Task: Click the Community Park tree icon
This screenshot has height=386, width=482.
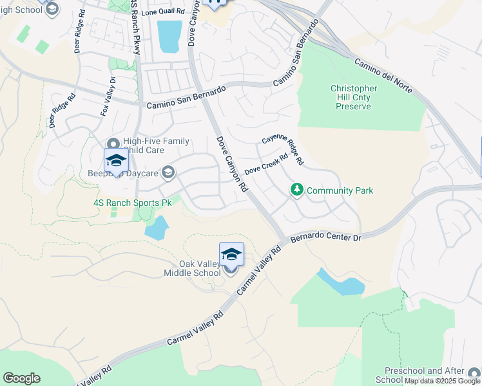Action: [x=297, y=190]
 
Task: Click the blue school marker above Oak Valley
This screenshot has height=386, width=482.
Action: [x=231, y=254]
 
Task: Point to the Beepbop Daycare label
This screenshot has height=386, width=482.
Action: [x=124, y=172]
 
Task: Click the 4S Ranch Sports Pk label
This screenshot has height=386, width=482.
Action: [x=131, y=203]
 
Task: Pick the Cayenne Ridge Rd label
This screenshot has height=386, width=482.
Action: [x=282, y=149]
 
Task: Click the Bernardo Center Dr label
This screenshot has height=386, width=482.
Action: [x=327, y=237]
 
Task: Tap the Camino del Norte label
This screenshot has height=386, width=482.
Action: [x=387, y=77]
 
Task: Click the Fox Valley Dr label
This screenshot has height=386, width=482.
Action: [x=107, y=97]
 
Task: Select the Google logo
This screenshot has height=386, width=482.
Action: [x=21, y=378]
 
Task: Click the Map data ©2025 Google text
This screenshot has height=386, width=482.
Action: [x=442, y=381]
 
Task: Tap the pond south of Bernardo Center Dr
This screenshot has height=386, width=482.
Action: [x=341, y=284]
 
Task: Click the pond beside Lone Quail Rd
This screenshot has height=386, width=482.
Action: [x=169, y=36]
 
